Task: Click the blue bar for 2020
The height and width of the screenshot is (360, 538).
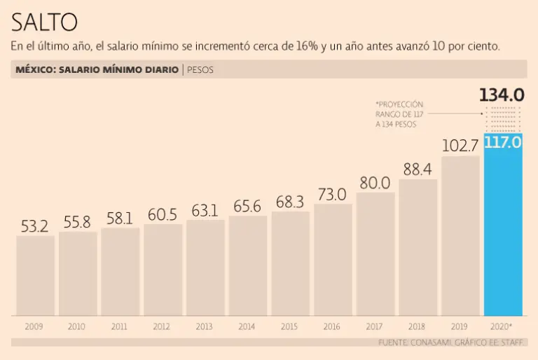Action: [503, 231]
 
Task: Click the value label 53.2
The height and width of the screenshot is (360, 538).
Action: [34, 226]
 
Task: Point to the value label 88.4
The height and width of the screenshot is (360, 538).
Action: [418, 169]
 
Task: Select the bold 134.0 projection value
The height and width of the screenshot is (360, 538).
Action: [502, 95]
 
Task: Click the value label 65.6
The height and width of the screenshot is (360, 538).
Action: [247, 206]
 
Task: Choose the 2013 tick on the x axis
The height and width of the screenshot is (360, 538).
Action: [205, 326]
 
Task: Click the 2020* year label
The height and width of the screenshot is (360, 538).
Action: [502, 326]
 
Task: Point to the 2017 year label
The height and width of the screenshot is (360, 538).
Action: [375, 326]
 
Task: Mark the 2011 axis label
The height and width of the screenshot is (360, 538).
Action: [119, 326]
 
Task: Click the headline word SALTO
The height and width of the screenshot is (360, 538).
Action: [44, 22]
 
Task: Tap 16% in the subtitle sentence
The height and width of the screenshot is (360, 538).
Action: [307, 47]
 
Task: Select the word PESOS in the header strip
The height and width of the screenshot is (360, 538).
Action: [200, 70]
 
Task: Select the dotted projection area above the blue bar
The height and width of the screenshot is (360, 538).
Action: [503, 118]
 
